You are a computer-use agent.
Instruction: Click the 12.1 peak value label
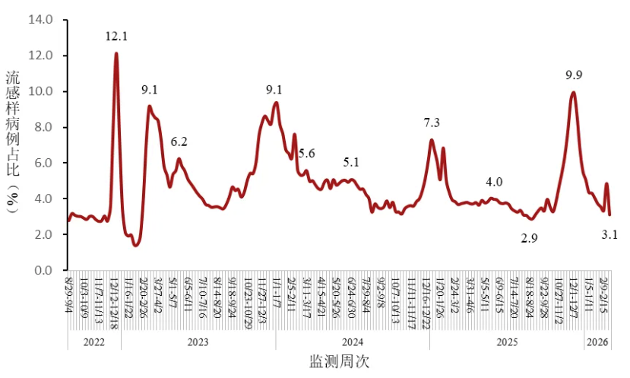(116, 36)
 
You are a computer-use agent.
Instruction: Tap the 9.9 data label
(574, 75)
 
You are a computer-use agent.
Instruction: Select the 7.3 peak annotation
(432, 122)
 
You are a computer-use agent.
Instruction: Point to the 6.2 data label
(179, 141)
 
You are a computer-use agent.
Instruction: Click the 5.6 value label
(306, 154)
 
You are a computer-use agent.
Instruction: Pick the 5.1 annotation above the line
(352, 162)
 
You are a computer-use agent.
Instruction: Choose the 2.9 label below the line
(530, 239)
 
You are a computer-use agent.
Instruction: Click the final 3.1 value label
(609, 236)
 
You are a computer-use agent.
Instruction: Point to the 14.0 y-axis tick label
(40, 20)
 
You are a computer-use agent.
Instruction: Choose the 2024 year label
(352, 342)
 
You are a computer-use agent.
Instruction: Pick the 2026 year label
(597, 342)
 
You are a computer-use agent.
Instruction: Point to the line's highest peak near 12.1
(116, 53)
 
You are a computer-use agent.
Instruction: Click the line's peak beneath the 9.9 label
(573, 93)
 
